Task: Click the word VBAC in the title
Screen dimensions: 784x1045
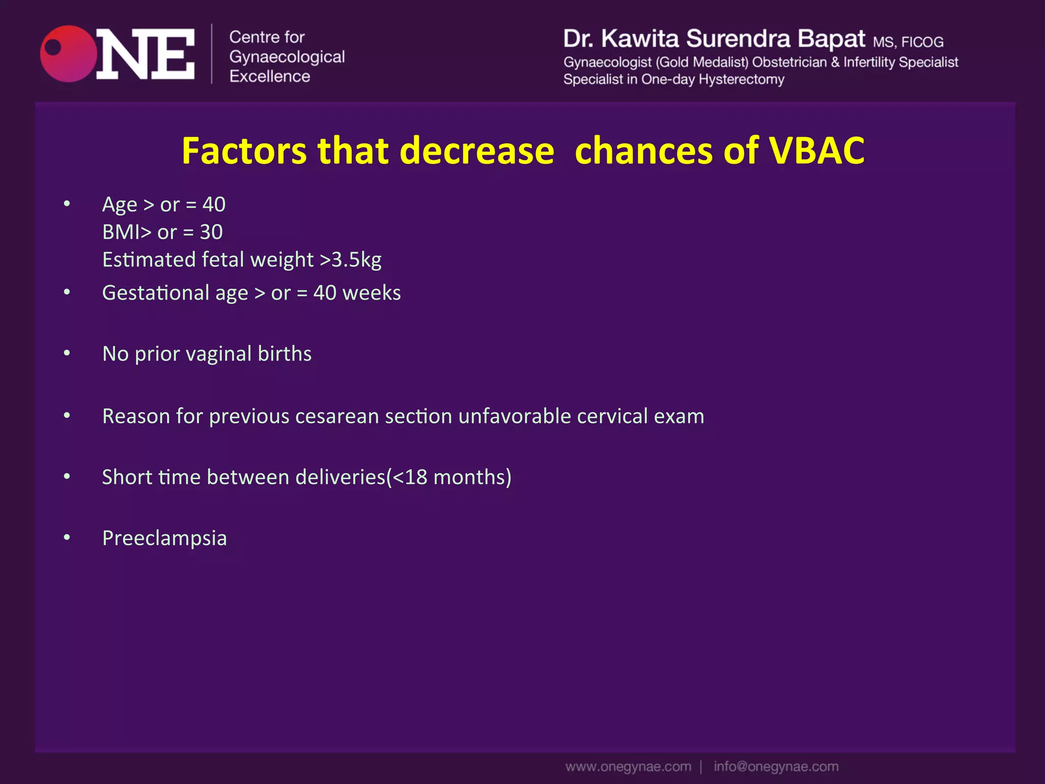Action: [816, 151]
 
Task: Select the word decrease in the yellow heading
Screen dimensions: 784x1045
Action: [477, 151]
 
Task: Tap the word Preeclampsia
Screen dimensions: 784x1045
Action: [164, 538]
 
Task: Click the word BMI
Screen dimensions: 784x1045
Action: [120, 232]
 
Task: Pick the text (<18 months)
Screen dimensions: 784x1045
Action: [449, 477]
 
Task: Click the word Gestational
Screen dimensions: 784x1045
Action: [156, 293]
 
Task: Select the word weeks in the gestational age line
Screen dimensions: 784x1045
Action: [371, 293]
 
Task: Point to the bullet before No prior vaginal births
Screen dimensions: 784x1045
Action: [67, 353]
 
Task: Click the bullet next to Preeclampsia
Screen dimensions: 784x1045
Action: [67, 537]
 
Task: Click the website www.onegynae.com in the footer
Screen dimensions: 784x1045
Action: [628, 767]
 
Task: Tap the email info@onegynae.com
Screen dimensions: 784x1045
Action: [776, 767]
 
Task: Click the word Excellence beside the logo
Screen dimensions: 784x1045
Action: [269, 77]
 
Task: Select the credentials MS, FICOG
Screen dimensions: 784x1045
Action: [908, 42]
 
